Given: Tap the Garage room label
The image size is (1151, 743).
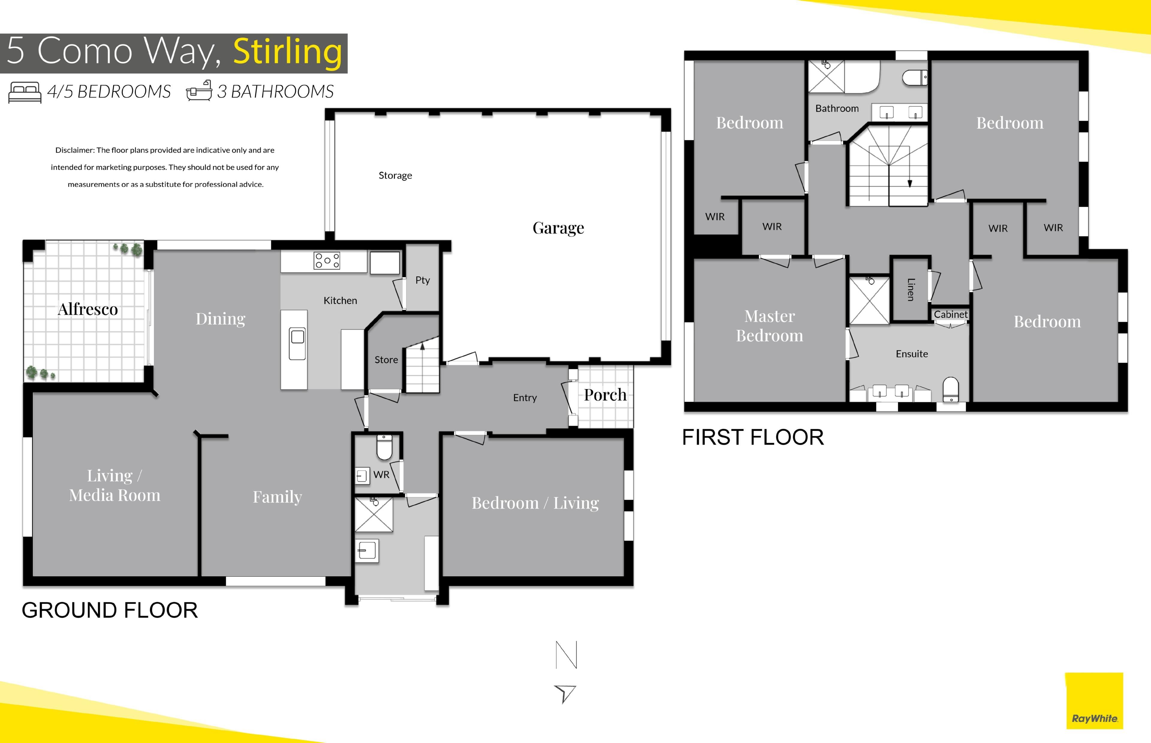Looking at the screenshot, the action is coord(558,228).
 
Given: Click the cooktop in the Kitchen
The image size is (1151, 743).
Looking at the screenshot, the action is coord(327,260).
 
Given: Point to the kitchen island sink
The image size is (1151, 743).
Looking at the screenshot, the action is coord(297,343).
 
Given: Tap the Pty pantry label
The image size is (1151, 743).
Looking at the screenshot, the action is coord(423,280).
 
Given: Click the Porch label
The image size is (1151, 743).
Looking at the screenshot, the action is coord(605,395).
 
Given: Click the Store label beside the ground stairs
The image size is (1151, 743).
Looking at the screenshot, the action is coord(386,359).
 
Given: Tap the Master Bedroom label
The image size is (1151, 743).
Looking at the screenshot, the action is coord(769,326).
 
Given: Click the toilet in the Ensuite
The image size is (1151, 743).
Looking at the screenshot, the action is coord(950,389).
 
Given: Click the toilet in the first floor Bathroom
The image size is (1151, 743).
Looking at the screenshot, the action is coord(915,78).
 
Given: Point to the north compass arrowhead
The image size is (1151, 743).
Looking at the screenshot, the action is coord(565,694).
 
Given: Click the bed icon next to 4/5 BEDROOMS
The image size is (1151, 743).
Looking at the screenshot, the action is coord(25,92).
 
